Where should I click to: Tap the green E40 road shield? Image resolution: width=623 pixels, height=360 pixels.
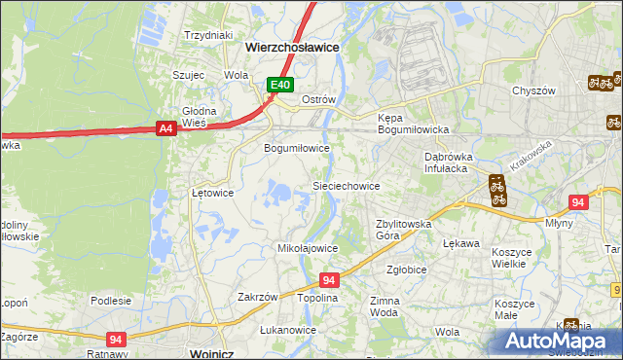[x=280, y=86]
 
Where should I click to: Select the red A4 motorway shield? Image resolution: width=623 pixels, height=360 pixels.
[x=165, y=127]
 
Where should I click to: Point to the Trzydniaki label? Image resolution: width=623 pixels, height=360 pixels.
[x=209, y=35]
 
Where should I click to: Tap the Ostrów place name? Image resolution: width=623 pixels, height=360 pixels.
[x=318, y=100]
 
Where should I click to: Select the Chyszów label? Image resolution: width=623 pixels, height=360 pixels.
[x=533, y=90]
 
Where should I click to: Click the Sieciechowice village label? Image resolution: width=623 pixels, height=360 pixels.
[x=345, y=185]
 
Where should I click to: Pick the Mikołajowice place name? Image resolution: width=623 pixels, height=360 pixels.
[x=308, y=248]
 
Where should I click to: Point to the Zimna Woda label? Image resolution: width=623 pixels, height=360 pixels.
[x=385, y=306]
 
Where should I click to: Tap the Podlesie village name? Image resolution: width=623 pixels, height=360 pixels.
[x=111, y=301]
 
